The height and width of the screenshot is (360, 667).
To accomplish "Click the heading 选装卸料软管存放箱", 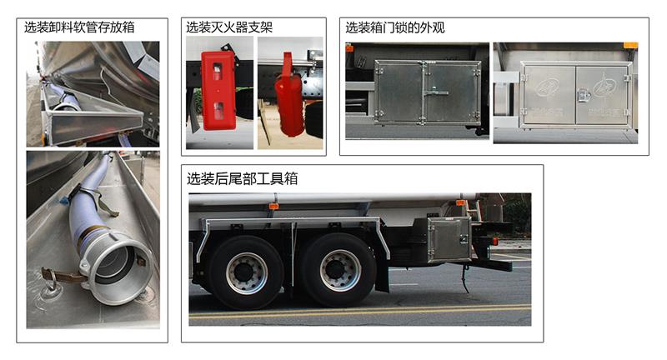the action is click(79, 27).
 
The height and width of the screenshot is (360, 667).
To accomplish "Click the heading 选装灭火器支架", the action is click(228, 27).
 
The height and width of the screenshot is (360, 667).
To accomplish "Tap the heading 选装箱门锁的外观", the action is click(394, 27).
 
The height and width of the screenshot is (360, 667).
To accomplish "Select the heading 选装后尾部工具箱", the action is click(242, 178).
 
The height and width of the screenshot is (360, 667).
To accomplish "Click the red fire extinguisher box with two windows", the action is click(218, 90).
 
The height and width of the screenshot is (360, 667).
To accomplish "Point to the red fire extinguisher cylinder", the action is click(289, 100).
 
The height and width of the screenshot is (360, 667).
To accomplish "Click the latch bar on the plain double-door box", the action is click(434, 92).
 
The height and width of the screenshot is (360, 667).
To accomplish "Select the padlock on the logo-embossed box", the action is click(582, 96).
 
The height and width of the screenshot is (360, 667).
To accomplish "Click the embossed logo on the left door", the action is click(548, 87).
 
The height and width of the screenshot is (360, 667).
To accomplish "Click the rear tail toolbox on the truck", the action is click(449, 239).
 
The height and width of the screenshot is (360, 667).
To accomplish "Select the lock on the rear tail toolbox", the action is click(464, 240).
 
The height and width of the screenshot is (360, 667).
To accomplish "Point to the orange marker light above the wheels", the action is click(273, 207).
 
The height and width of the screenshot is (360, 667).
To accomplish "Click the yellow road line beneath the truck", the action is click(360, 311).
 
